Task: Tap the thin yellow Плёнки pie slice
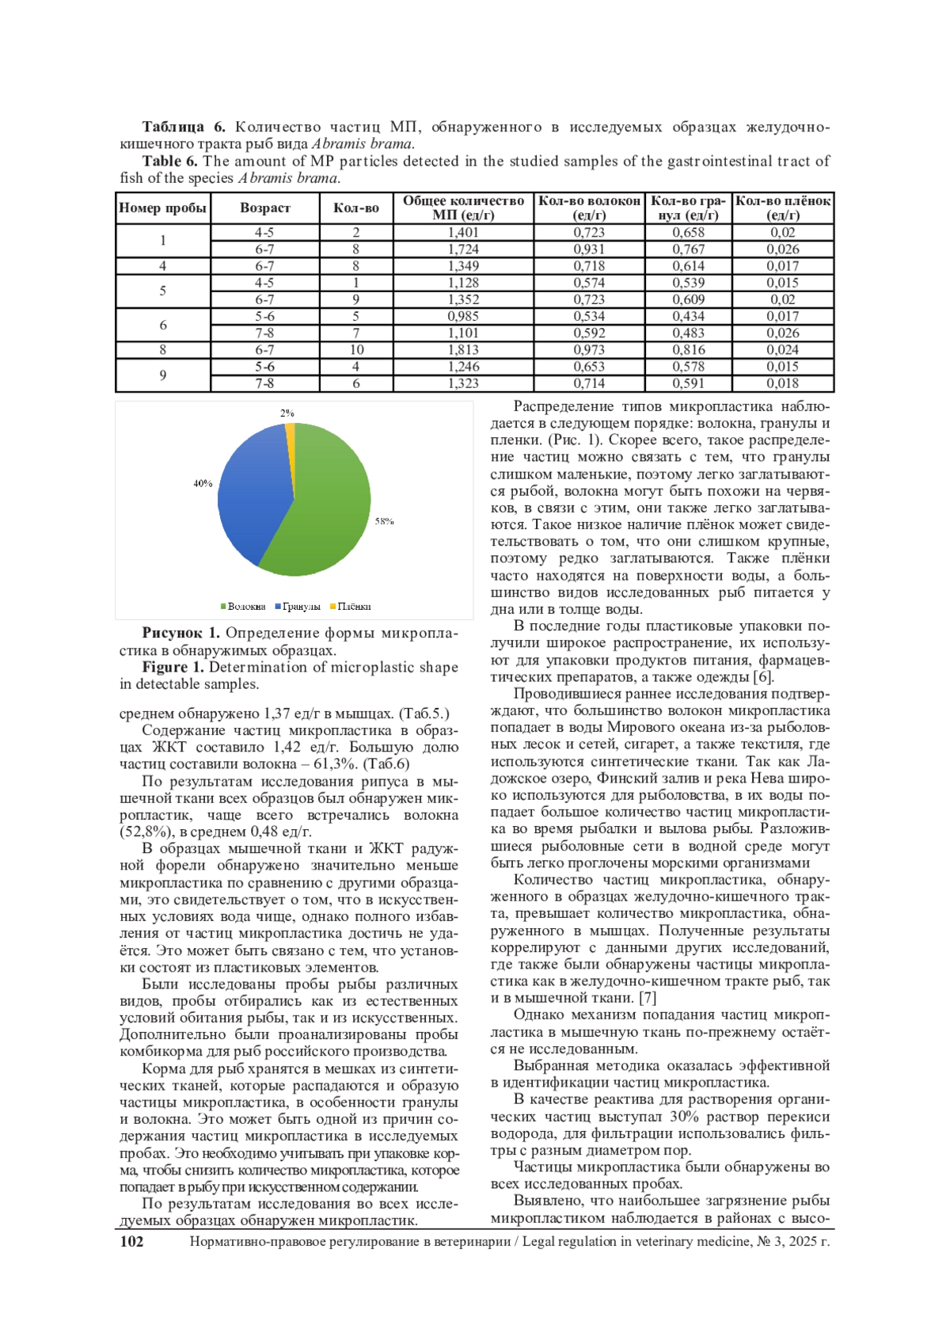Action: point(291,430)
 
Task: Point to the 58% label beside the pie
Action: point(384,521)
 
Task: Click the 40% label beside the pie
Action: point(203,483)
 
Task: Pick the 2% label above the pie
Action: point(287,413)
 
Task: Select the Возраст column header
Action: point(264,208)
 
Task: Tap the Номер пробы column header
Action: point(162,208)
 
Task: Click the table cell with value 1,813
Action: point(463,350)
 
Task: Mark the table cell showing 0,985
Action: point(463,316)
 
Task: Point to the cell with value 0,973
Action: point(589,350)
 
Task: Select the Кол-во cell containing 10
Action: point(356,350)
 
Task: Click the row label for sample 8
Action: point(162,350)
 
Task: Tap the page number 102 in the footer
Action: point(131,1242)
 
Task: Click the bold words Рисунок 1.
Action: point(180,633)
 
